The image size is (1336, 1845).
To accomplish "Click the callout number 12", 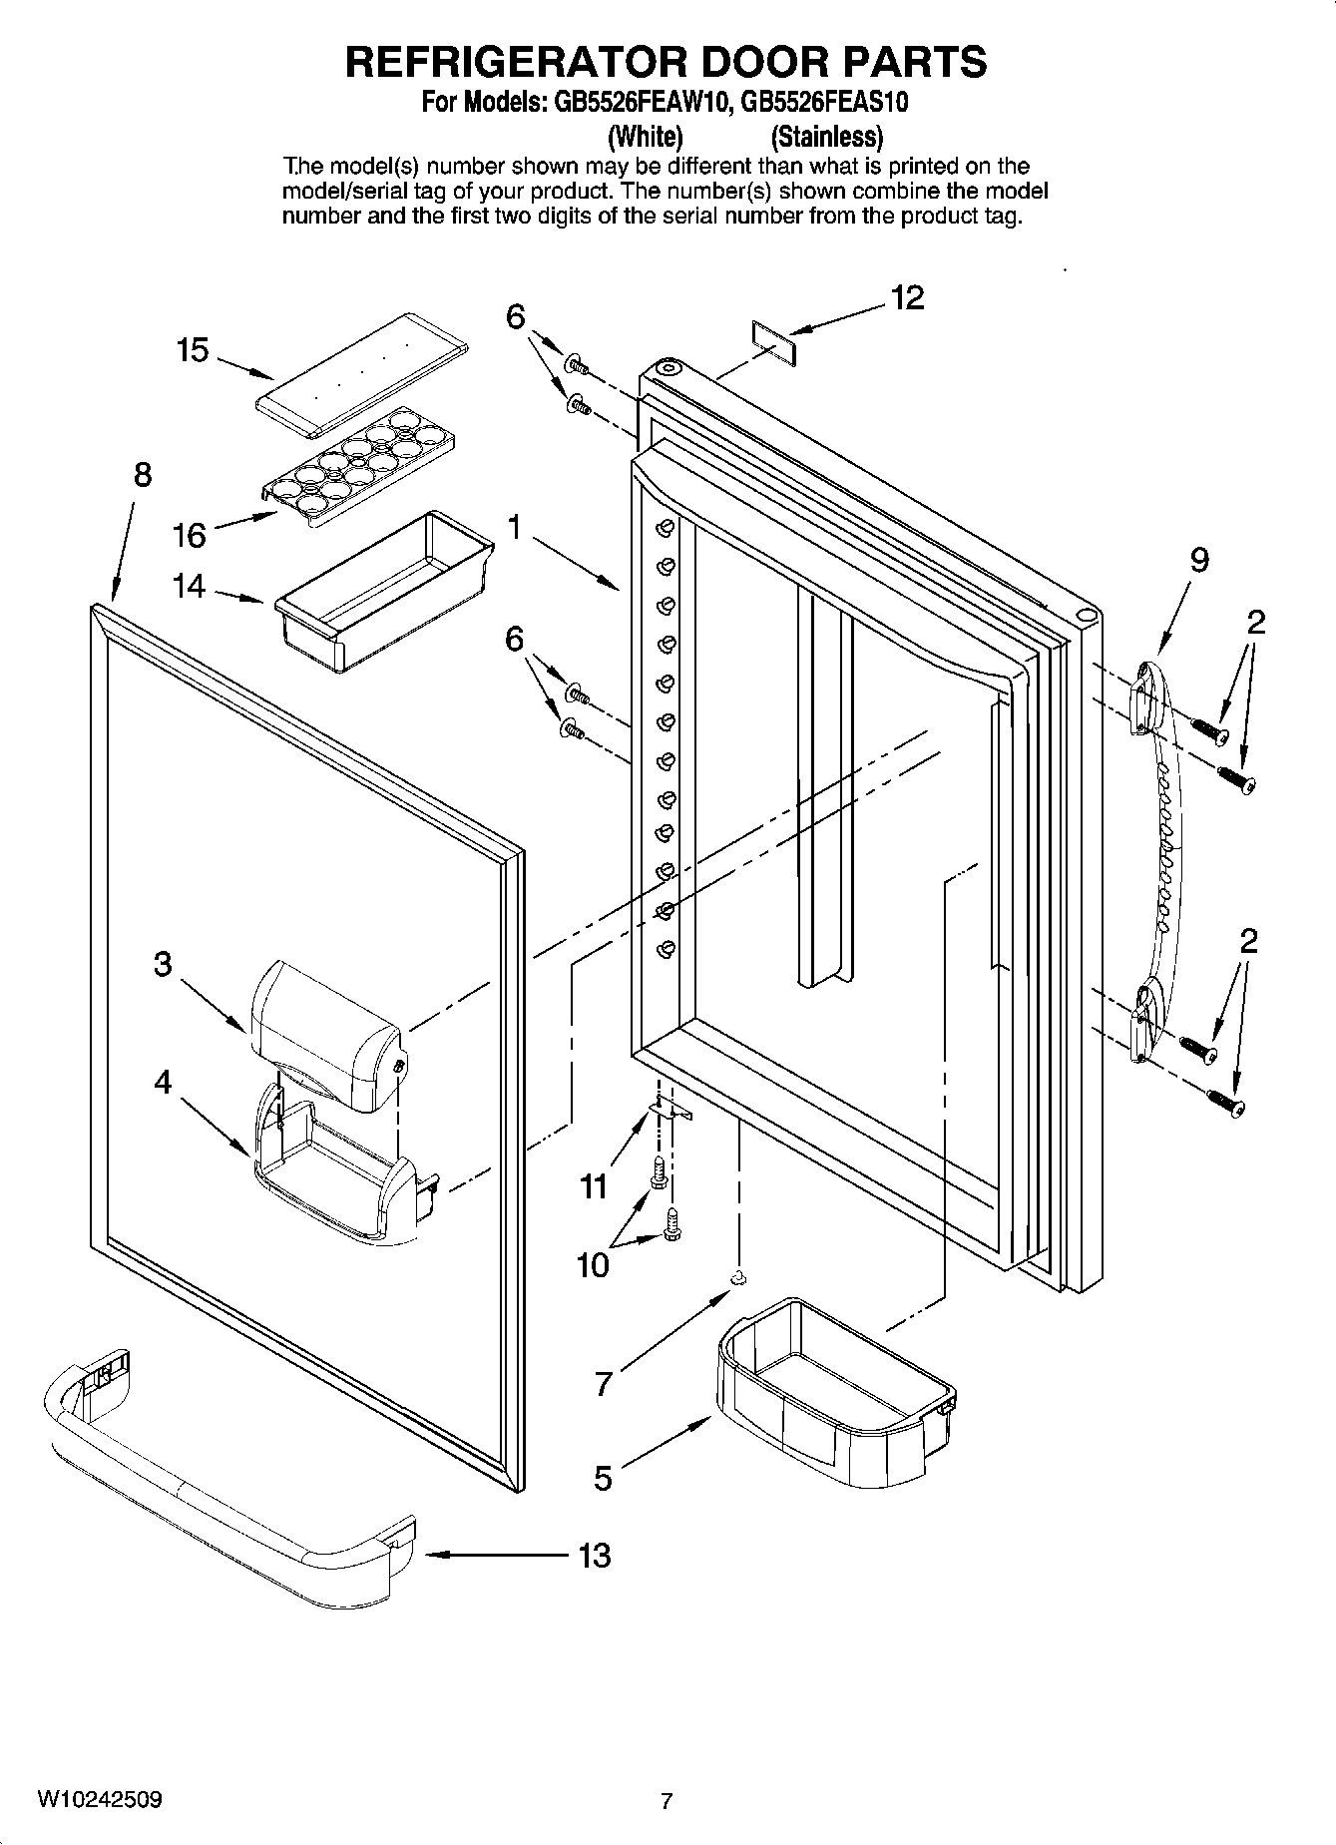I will [907, 297].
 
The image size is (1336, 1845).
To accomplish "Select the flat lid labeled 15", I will [362, 373].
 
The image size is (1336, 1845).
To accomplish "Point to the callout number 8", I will [143, 475].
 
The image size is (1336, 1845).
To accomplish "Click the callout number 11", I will [594, 1186].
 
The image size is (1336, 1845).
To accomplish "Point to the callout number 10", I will [593, 1265].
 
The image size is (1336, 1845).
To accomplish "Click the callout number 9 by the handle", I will [1199, 561].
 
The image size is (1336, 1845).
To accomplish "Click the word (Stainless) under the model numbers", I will [827, 136].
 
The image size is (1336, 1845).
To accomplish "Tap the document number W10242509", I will [100, 1799].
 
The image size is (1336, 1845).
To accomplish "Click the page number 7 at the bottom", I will [667, 1801].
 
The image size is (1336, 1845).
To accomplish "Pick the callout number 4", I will [163, 1082].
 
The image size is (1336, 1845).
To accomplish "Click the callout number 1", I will [515, 528].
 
